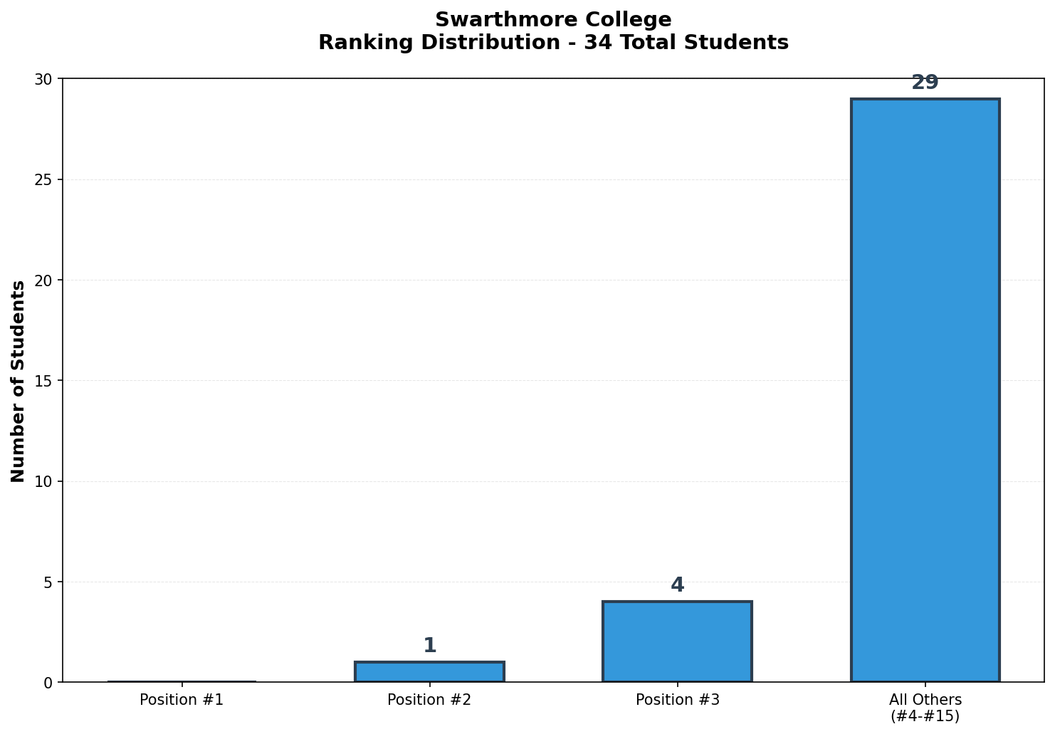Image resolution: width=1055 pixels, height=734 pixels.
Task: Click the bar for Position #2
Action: click(x=429, y=672)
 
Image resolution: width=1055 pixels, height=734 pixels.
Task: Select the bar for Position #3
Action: click(x=677, y=641)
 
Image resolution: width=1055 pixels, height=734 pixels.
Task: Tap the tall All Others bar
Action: click(x=925, y=390)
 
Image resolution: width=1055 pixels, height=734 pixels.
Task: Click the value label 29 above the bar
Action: click(x=925, y=83)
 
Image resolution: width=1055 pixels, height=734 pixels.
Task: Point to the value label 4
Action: click(x=677, y=585)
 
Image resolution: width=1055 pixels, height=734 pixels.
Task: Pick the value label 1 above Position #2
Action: click(x=429, y=646)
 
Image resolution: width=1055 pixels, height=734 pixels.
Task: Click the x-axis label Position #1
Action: click(x=182, y=700)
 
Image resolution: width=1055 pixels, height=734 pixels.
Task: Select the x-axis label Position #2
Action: click(x=429, y=700)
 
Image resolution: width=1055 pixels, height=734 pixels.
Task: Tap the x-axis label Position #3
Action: click(x=677, y=700)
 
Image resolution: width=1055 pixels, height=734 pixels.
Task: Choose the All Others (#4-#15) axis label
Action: click(x=925, y=708)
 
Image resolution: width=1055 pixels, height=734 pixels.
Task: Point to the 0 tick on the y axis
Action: click(x=48, y=683)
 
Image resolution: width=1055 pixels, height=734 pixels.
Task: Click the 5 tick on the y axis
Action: click(x=48, y=582)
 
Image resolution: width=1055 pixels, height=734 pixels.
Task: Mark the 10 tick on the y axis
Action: click(x=44, y=481)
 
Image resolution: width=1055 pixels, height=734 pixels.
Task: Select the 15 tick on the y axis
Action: click(x=44, y=381)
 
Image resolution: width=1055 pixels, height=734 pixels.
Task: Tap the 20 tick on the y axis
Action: click(x=44, y=281)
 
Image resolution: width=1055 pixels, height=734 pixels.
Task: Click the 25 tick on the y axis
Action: click(x=44, y=179)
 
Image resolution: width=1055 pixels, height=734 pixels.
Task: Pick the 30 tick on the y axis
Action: click(x=44, y=79)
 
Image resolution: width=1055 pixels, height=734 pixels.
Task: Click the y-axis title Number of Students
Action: click(x=19, y=381)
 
